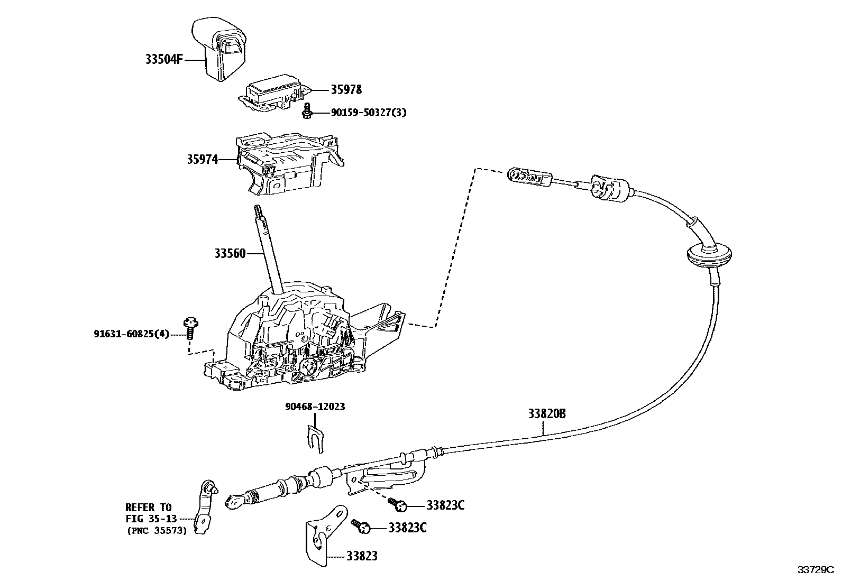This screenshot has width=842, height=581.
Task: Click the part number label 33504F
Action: click(x=164, y=60)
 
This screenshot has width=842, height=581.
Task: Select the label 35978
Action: click(x=346, y=90)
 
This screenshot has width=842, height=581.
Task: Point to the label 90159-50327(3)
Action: click(x=369, y=113)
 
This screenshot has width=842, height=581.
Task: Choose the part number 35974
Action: click(x=202, y=159)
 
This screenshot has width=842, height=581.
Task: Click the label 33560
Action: click(x=230, y=254)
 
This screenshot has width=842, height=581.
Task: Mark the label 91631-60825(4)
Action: click(x=132, y=334)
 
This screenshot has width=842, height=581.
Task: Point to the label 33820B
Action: click(x=546, y=413)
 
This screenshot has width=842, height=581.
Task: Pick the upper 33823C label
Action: click(x=445, y=505)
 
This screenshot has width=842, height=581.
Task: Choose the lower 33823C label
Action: click(x=407, y=528)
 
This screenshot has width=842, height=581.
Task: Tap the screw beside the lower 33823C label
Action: click(x=362, y=525)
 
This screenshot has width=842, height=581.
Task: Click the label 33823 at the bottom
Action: click(x=362, y=556)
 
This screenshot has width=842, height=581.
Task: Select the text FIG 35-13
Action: click(x=151, y=519)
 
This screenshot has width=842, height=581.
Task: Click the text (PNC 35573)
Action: click(x=156, y=531)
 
